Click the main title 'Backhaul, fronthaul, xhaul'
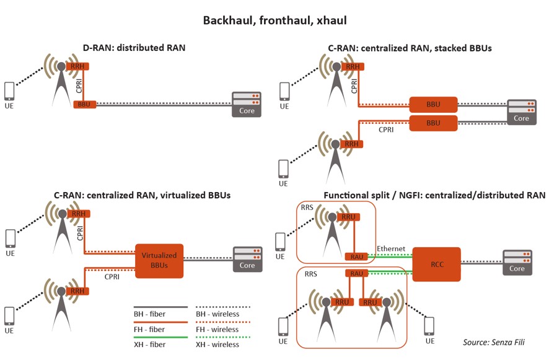tap(274, 20)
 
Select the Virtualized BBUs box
tap(159, 260)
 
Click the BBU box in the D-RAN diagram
tap(84, 104)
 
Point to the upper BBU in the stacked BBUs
tap(433, 104)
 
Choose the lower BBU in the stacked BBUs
tap(433, 123)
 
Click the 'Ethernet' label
tap(391, 248)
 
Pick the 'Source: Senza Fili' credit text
tap(497, 342)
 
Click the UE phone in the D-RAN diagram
tap(9, 92)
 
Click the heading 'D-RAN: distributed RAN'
tap(134, 48)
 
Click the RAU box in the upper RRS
tap(351, 257)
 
